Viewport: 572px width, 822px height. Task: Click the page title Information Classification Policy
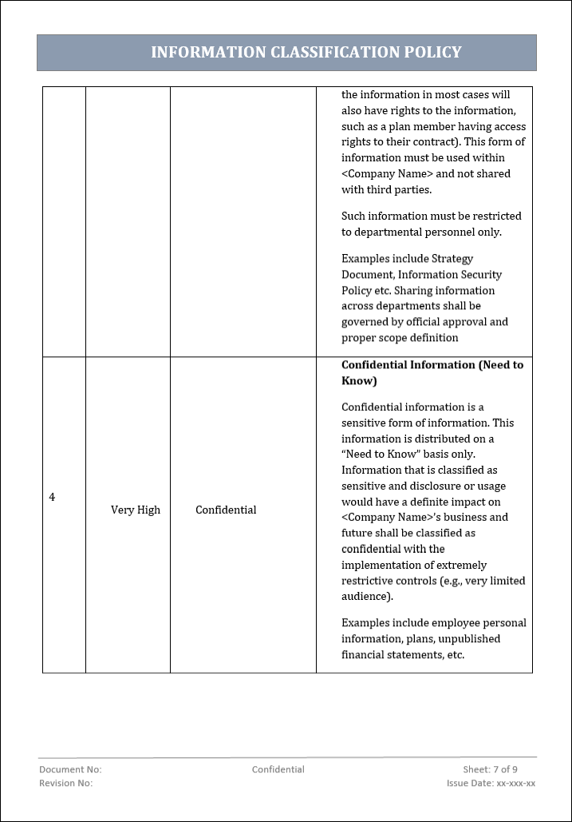306,53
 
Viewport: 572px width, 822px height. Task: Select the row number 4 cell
53,498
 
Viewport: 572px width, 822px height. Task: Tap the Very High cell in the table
136,510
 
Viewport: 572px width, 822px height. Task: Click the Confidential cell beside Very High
226,510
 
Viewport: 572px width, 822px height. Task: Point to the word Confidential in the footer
278,769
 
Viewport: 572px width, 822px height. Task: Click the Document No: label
70,769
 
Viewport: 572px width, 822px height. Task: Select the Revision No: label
66,783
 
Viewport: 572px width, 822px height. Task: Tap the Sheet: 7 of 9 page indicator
490,769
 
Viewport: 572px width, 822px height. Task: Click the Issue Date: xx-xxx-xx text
491,783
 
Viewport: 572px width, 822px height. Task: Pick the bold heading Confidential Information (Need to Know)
432,372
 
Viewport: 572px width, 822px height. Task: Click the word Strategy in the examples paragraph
452,259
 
